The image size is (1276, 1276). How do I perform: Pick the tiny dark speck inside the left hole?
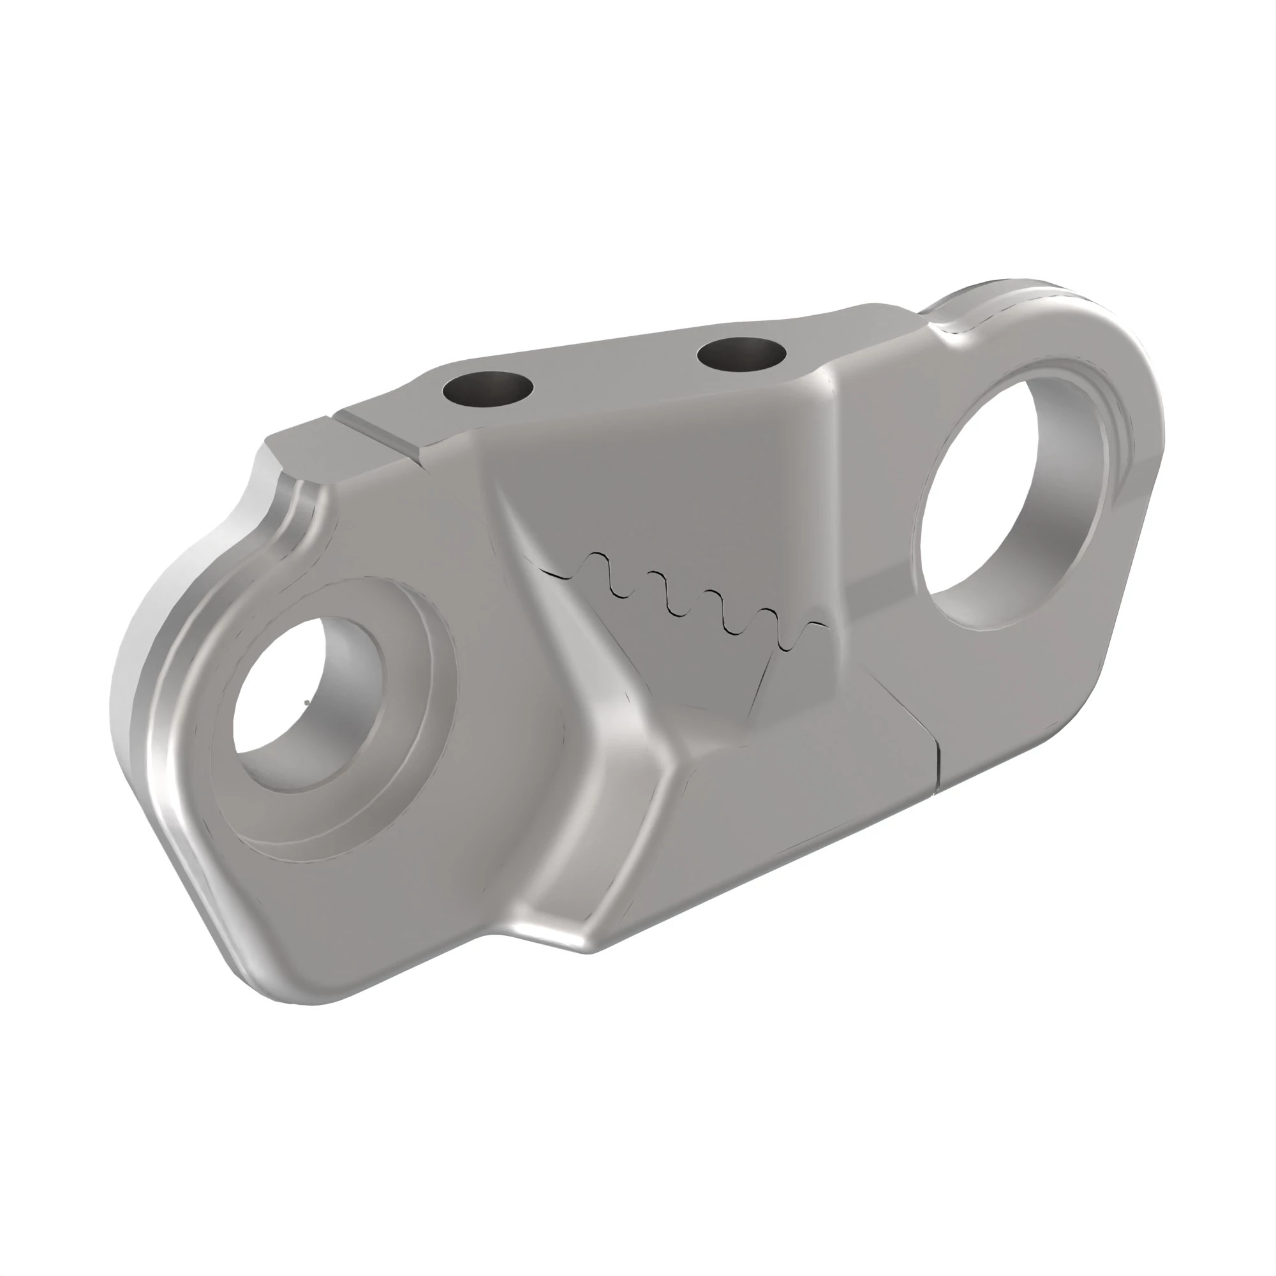pyautogui.click(x=306, y=702)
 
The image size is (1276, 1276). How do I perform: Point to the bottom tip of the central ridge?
pyautogui.click(x=588, y=951)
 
